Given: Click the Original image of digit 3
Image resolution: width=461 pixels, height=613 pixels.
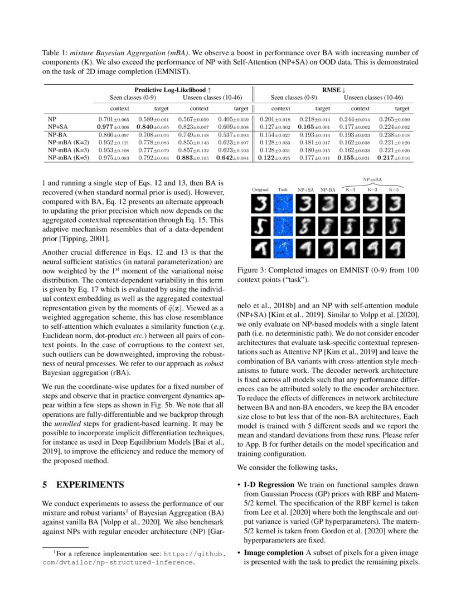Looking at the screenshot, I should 260,206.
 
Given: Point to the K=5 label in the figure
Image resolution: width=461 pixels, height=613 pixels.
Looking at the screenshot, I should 394,190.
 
